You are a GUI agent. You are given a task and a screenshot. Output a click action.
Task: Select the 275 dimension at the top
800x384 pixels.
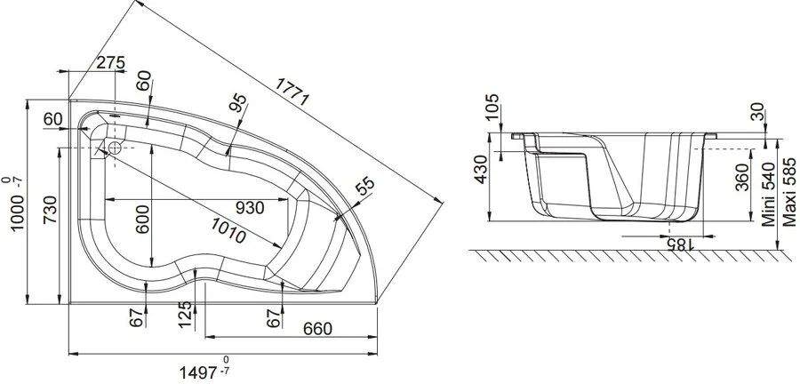[109, 62]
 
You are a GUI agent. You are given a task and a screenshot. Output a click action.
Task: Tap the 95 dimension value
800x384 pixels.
[237, 104]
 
